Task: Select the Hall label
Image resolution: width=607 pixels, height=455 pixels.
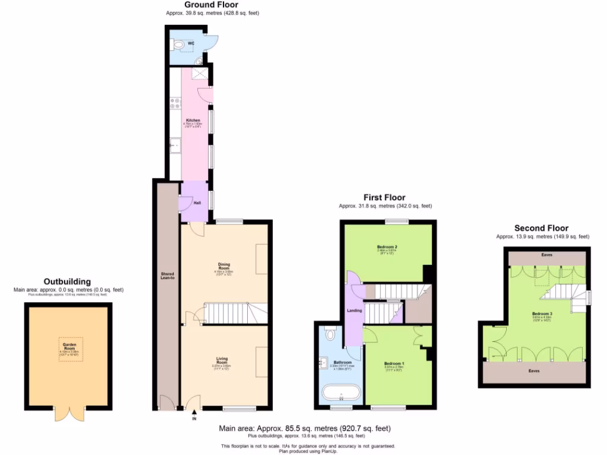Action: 196,203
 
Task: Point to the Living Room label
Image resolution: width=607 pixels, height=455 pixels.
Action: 221,359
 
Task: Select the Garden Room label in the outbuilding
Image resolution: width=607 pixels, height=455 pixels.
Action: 68,347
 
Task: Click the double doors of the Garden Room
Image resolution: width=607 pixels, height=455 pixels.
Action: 67,414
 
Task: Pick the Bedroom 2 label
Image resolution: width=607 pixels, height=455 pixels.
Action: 386,247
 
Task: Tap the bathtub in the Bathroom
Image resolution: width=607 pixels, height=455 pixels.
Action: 340,393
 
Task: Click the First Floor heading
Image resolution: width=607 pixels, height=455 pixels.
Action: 384,197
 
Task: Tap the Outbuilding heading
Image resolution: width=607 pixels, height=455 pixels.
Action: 68,281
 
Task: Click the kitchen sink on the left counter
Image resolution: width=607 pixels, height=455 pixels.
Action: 174,145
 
